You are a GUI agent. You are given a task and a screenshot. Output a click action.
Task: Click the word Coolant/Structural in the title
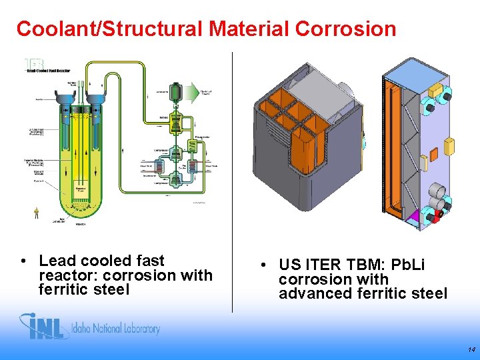(109, 29)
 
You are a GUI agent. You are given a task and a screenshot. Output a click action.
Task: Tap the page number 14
(471, 349)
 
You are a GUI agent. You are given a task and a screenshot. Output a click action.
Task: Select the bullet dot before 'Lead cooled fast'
(23, 261)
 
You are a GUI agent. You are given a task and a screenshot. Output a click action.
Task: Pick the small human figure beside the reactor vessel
(37, 213)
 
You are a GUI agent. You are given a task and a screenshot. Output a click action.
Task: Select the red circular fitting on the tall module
(437, 215)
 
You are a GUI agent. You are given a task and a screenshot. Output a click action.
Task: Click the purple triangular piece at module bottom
(414, 217)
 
